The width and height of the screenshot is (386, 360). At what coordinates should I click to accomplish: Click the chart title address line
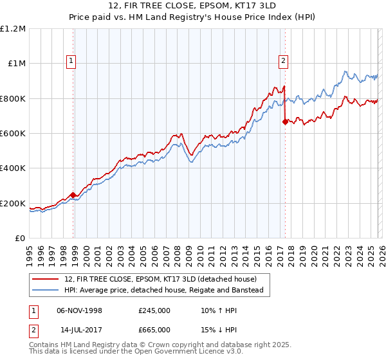[192, 6]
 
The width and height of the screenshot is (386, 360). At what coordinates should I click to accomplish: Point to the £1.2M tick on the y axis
[14, 29]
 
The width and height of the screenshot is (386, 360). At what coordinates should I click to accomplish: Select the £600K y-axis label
[13, 134]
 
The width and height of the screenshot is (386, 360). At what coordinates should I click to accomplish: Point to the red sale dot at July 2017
[285, 122]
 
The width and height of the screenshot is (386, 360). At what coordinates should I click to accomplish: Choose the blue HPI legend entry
[163, 291]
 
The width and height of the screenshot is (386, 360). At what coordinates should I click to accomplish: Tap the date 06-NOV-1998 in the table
[79, 310]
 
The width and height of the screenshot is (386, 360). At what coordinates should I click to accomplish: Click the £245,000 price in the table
[154, 310]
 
